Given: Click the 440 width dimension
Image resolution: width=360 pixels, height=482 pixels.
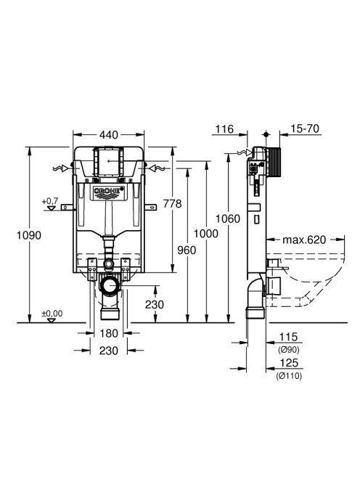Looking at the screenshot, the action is click(x=109, y=134).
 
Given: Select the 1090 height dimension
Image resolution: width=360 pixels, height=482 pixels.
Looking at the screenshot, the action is click(x=28, y=235).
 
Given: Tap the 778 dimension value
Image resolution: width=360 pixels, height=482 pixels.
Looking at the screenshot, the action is click(x=172, y=203).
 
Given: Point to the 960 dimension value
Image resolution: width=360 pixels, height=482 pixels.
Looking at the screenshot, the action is click(x=187, y=250).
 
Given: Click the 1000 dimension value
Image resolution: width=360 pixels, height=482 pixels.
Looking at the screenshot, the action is click(x=205, y=234).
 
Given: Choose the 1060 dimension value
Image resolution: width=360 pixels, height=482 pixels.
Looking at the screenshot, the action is click(x=227, y=218).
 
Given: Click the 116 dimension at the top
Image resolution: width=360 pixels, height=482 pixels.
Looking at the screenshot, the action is click(x=224, y=128).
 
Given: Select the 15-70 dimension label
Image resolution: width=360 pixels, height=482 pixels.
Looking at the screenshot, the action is click(x=305, y=128).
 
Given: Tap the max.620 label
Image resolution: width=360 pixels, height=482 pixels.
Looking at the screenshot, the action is click(x=303, y=240).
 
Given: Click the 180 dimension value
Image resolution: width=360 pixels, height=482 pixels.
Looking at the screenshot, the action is click(x=109, y=333).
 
